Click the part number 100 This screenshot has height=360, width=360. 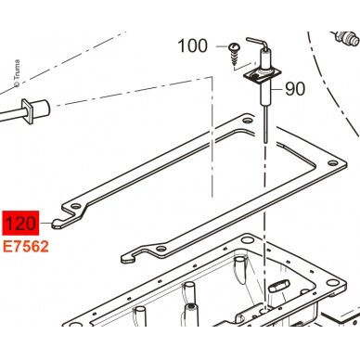tap(192, 46)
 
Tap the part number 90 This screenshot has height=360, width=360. tap(295, 89)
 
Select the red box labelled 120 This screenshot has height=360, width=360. tap(20, 223)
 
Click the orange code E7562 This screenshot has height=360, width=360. tap(26, 247)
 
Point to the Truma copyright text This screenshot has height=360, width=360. tap(17, 73)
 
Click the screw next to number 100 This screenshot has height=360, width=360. tap(234, 55)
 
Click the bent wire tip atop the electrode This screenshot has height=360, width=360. tap(255, 42)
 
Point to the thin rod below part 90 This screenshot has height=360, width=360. tap(265, 124)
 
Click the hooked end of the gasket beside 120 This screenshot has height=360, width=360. tap(62, 222)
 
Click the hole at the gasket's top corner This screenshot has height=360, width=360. tap(247, 120)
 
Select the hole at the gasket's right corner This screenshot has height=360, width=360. tap(332, 162)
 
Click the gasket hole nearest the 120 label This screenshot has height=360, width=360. tap(75, 206)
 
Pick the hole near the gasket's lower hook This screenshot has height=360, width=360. tap(160, 249)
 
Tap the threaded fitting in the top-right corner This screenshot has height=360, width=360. tap(345, 38)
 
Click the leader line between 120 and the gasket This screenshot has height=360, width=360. tap(45, 223)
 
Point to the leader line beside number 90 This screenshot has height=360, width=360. tap(276, 89)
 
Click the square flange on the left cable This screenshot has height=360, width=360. tap(27, 111)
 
